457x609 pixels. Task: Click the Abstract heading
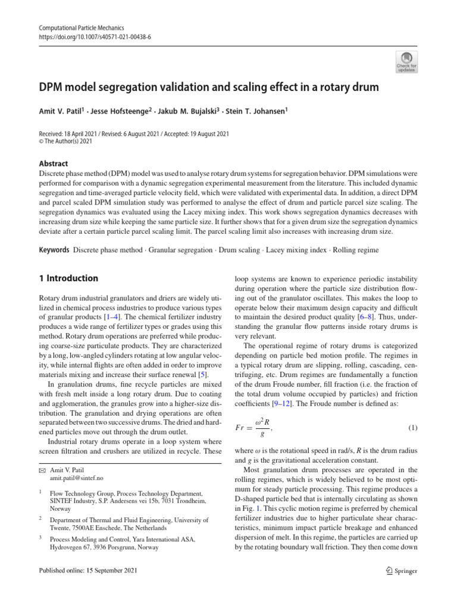(x=53, y=164)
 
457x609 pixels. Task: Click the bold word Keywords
(x=54, y=250)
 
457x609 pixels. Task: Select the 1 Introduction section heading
(x=68, y=278)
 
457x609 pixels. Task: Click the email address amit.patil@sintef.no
(x=78, y=478)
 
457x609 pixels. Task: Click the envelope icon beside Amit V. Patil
(x=42, y=470)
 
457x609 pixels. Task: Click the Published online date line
(x=88, y=572)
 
